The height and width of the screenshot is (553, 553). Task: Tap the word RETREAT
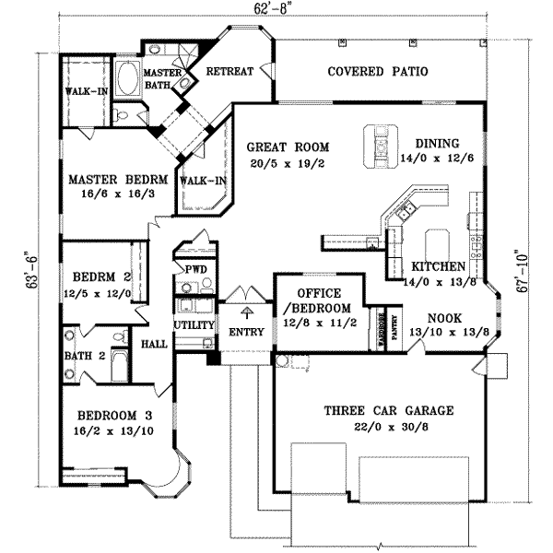click(x=229, y=72)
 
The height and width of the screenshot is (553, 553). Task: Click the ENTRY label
click(x=246, y=332)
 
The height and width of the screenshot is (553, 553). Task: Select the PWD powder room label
click(x=194, y=269)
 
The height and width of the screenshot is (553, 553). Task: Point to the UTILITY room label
click(x=194, y=326)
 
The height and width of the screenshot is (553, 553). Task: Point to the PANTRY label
click(x=394, y=329)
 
